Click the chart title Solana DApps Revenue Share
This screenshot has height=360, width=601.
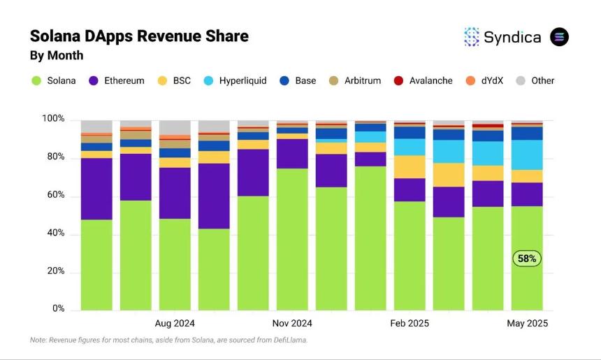point(138,36)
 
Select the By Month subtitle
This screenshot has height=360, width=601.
point(56,55)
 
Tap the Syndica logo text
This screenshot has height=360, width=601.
point(512,37)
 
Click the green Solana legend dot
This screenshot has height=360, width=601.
point(36,80)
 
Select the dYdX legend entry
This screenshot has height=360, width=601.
point(490,80)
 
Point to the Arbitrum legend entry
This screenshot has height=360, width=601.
point(355,80)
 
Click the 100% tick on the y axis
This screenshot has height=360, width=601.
point(53,120)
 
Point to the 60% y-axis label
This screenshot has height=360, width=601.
point(55,196)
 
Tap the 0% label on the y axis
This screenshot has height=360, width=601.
point(58,309)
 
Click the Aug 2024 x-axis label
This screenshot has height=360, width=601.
point(175,324)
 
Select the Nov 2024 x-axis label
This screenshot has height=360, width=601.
point(292,324)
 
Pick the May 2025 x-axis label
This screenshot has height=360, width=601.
point(527,324)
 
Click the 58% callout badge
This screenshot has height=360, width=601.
point(527,259)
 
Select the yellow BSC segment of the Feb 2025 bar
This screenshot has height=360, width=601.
point(410,166)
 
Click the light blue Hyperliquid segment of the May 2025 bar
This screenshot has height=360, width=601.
point(527,154)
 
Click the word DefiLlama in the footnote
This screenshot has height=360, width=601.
point(287,340)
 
